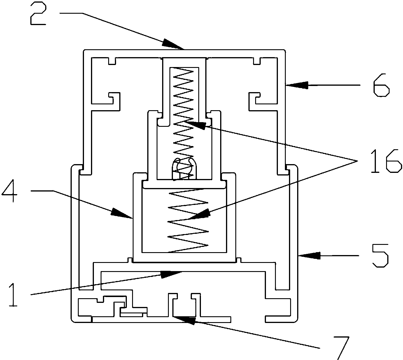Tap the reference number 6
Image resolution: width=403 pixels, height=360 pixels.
(381, 85)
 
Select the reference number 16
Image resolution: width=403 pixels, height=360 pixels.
(385, 161)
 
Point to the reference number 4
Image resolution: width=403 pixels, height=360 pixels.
(9, 191)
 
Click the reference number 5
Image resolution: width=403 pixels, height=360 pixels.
(380, 256)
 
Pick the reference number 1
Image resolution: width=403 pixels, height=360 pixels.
(13, 295)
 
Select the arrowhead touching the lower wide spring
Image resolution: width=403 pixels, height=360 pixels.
(199, 215)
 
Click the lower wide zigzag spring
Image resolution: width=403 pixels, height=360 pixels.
(188, 220)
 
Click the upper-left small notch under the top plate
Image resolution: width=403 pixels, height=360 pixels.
(112, 61)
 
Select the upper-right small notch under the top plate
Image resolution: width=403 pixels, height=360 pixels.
(257, 61)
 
